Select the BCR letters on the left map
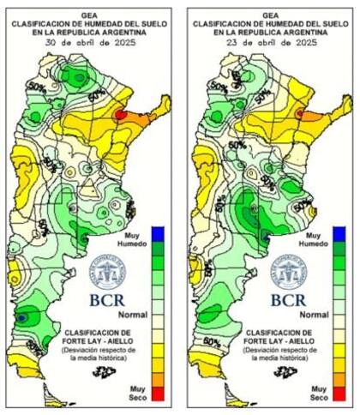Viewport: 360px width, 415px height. click(107, 300)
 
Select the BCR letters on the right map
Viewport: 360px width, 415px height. click(285, 300)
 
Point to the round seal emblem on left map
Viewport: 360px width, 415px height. click(107, 272)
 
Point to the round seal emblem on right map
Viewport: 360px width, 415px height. click(285, 272)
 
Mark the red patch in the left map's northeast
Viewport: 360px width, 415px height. click(119, 112)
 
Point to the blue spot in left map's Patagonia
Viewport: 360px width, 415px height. click(20, 317)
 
